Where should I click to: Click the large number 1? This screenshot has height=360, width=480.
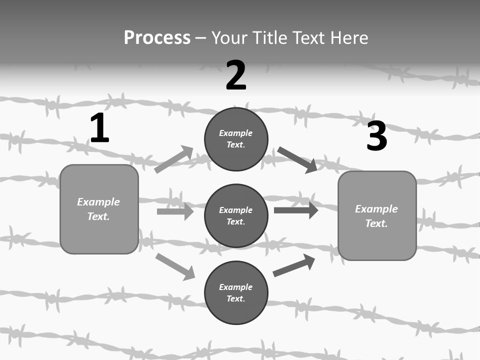99,128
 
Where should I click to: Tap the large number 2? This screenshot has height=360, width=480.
236,75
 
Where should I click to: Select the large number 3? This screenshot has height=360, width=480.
376,136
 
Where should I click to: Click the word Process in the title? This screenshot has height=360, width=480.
157,37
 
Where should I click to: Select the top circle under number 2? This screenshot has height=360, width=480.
236,139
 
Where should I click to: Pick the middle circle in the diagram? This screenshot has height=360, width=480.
236,215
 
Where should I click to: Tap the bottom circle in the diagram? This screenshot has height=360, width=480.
236,292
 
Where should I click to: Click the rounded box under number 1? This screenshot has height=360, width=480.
99,209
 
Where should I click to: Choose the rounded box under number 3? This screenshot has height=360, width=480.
377,215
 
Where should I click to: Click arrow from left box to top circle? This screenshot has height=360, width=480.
173,159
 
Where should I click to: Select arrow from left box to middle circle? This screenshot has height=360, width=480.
175,211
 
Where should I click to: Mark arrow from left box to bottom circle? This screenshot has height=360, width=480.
175,266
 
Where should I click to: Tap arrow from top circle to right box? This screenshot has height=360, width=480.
297,159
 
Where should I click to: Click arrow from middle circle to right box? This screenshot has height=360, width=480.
295,210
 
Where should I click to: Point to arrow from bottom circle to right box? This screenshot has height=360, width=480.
294,265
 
